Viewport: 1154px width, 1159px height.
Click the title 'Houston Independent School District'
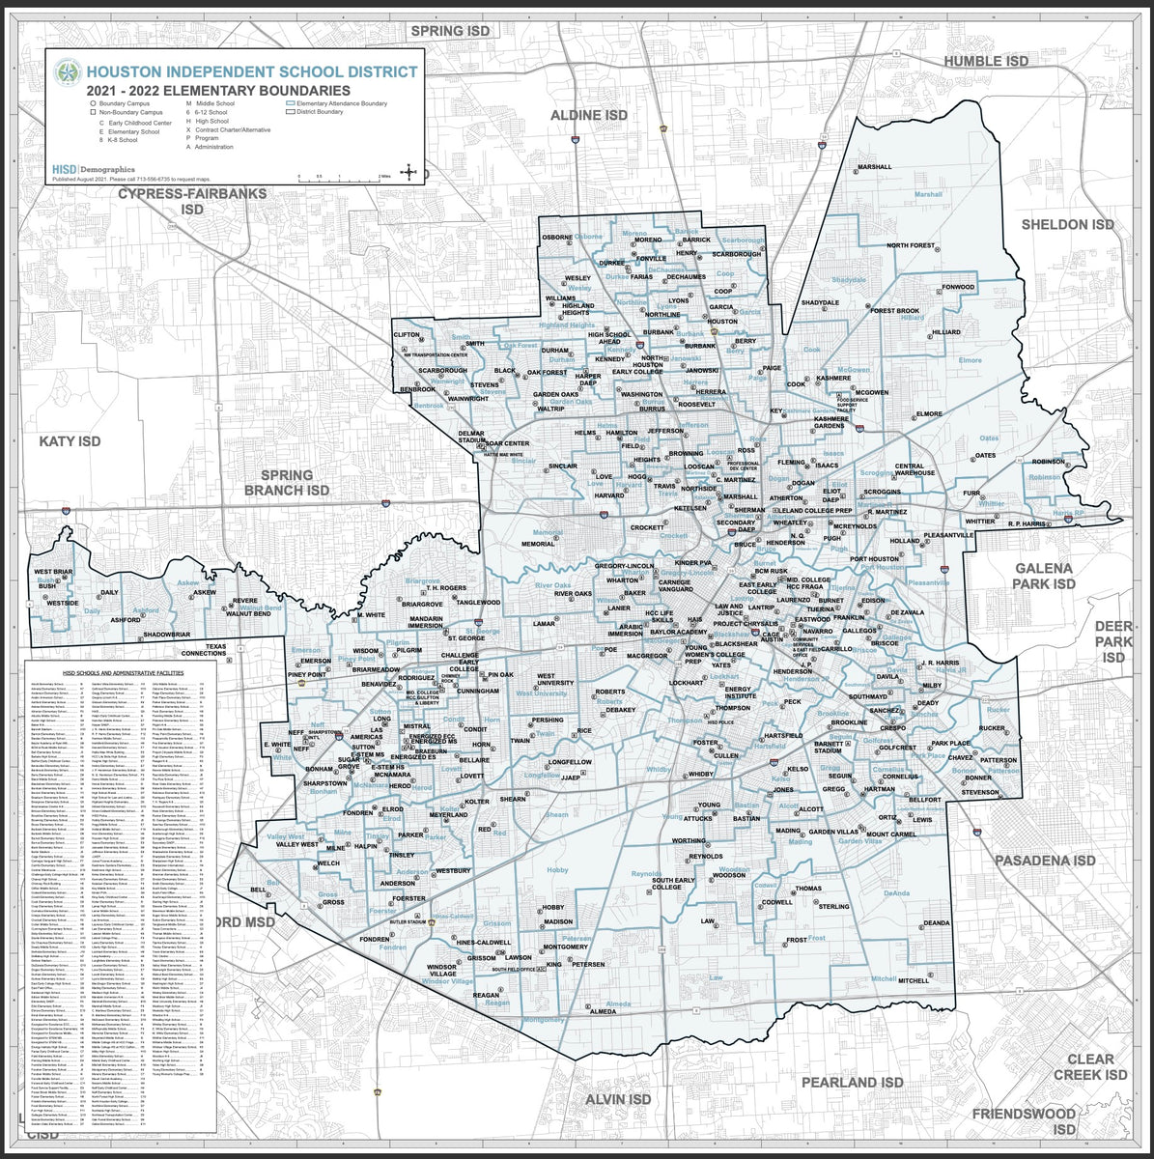[251, 71]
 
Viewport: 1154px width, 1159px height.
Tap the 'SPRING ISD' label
[451, 31]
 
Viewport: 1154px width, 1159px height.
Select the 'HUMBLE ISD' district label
[986, 61]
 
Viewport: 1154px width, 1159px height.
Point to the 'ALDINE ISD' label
[589, 115]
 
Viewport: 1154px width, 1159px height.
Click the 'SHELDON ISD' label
[1068, 224]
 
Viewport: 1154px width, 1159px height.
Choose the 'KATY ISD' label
[70, 441]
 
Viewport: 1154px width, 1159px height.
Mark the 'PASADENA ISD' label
[1046, 860]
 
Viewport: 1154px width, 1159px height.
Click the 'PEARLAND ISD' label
[852, 1083]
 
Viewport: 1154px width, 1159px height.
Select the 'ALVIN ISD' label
[618, 1099]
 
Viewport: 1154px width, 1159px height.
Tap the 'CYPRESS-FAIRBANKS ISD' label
[192, 201]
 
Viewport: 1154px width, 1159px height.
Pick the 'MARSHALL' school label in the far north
[875, 167]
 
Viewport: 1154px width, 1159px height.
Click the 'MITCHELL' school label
[913, 980]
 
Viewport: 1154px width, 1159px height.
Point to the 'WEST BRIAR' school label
[53, 573]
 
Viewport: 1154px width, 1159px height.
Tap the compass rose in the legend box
[409, 173]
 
